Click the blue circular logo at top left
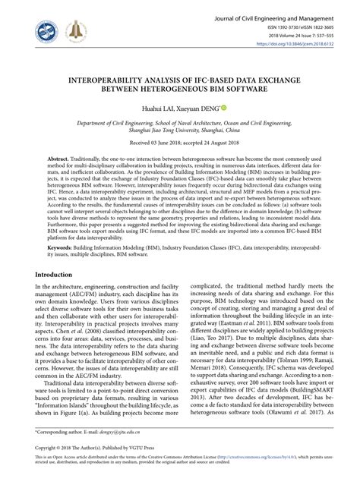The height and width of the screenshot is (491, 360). coord(47,32)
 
